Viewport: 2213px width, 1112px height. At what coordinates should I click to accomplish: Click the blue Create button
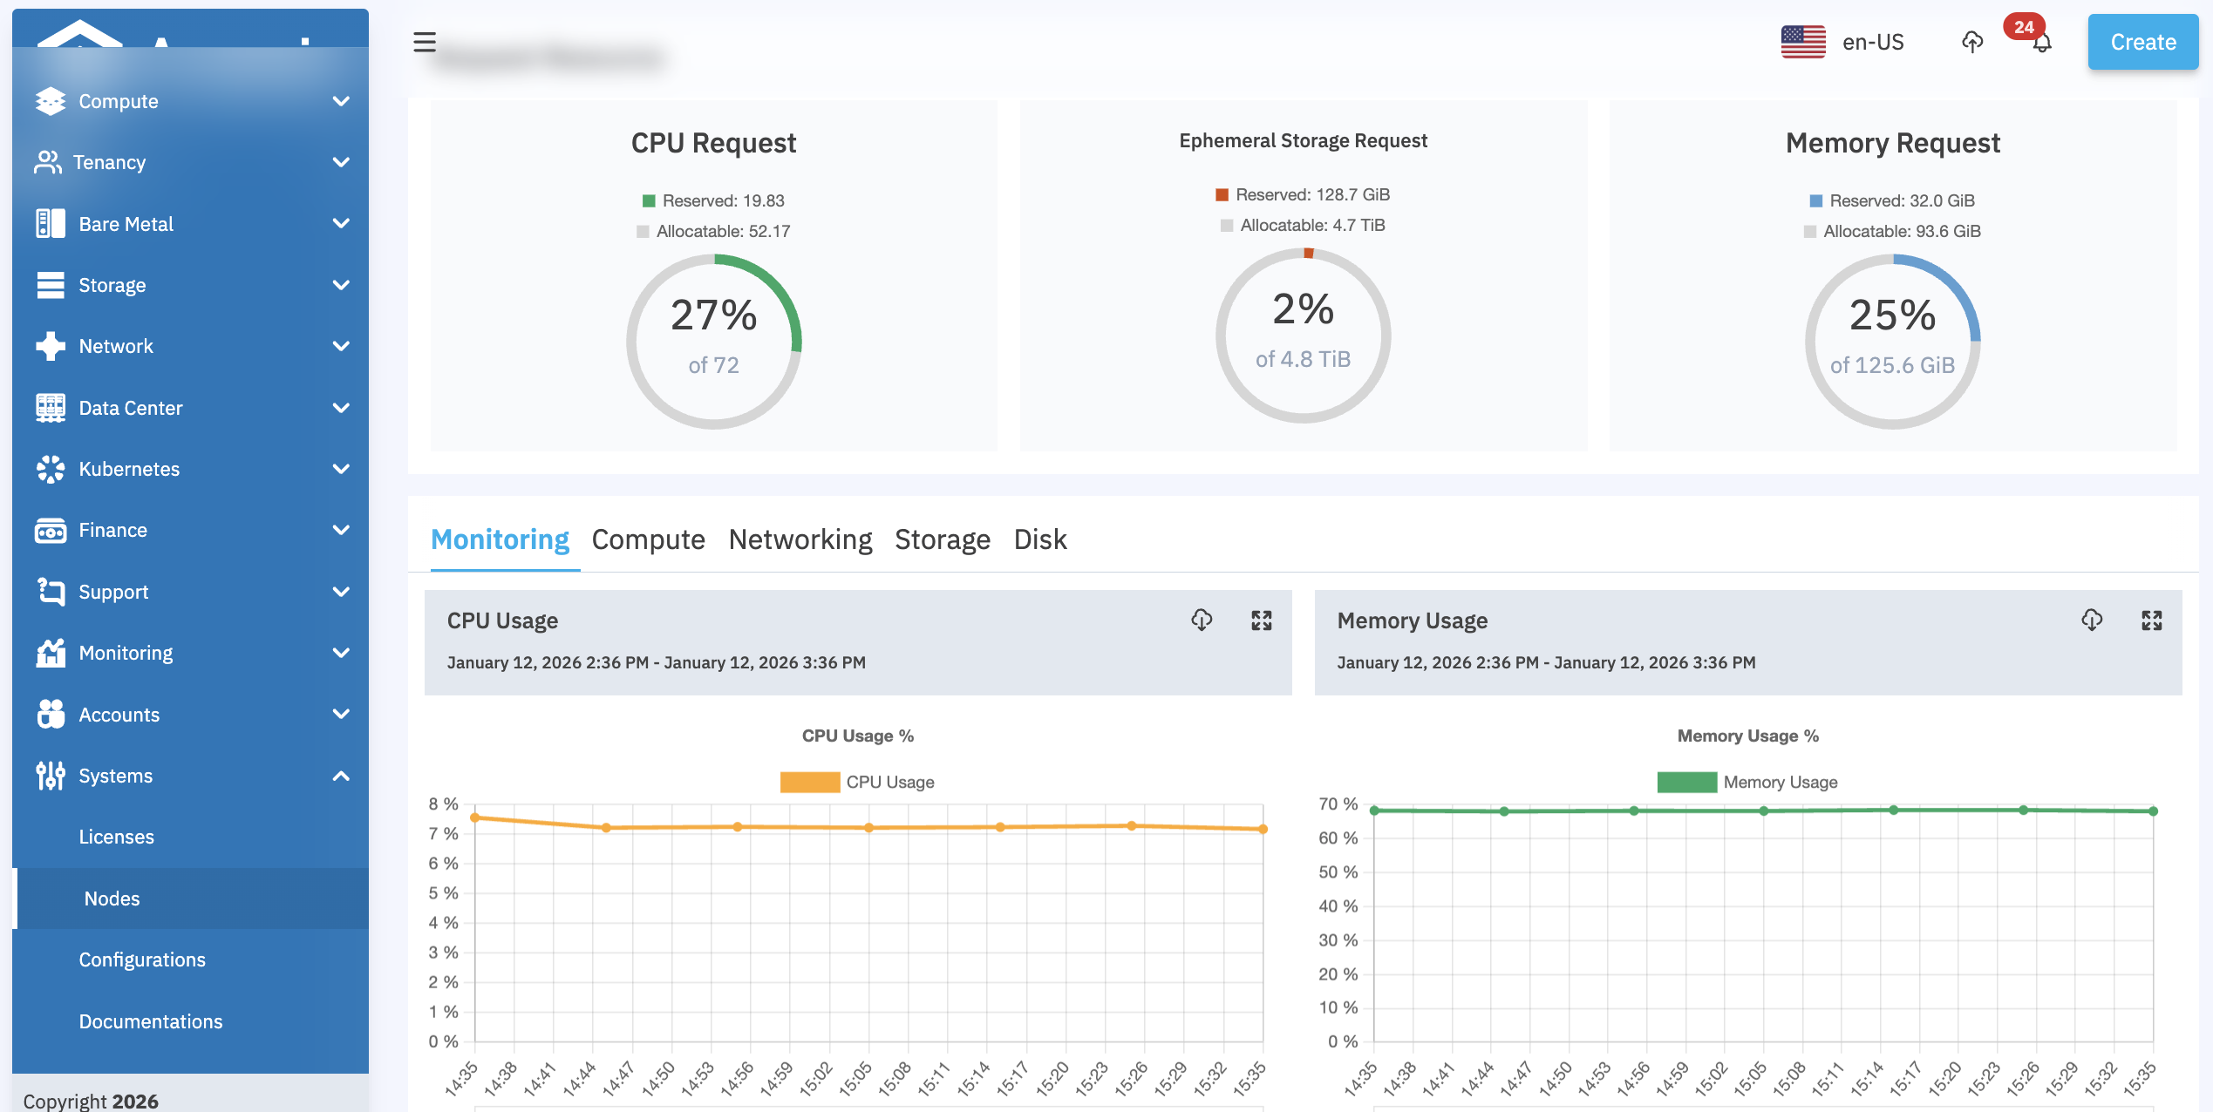click(2142, 42)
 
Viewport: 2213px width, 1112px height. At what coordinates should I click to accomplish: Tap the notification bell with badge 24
click(2041, 42)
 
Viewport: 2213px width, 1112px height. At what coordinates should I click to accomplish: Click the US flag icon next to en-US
click(1802, 42)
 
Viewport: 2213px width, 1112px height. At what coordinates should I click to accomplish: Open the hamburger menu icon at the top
click(425, 42)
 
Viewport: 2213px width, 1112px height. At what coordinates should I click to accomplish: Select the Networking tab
click(800, 539)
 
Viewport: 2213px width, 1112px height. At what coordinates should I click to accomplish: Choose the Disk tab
click(1039, 539)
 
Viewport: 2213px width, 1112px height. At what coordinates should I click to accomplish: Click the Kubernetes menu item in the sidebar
click(129, 469)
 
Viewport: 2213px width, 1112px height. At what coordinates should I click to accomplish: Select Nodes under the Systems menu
click(112, 898)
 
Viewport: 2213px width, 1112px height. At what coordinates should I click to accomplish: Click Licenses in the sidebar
click(116, 837)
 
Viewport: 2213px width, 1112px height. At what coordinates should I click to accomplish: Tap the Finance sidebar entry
click(112, 530)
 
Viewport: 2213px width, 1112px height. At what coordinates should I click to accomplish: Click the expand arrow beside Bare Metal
click(341, 224)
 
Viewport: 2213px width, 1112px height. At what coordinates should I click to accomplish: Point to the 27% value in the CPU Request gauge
click(713, 315)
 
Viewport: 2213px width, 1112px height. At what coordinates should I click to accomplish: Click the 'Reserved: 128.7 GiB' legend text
click(1312, 194)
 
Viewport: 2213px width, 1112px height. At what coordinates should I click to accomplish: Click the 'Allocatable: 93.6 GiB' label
click(1902, 231)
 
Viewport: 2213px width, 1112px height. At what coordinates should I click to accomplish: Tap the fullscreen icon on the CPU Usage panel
click(1261, 620)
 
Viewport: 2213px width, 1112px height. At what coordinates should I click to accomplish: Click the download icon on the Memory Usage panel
click(2091, 620)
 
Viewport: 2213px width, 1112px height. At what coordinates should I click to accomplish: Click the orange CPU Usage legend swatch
click(809, 782)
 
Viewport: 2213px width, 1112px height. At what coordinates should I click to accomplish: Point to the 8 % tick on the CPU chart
click(443, 803)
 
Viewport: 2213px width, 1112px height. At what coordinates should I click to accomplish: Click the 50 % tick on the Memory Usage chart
click(1338, 871)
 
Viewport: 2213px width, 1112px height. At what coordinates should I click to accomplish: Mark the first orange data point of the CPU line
click(475, 817)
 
